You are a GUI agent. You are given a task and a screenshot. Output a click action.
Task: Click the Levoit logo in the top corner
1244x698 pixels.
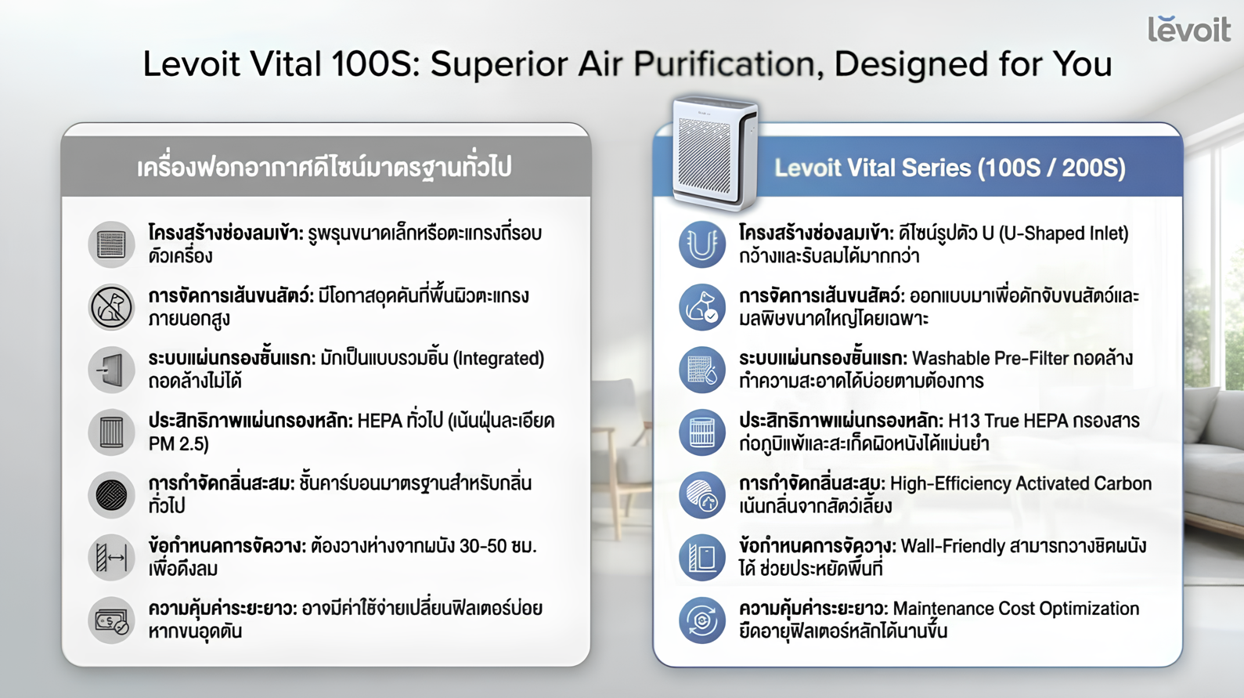click(1189, 30)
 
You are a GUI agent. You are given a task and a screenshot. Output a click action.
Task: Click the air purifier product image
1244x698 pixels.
click(715, 154)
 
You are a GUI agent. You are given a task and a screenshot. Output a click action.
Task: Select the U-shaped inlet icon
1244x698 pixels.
click(702, 244)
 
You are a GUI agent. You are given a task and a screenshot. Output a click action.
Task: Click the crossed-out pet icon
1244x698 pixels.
click(111, 307)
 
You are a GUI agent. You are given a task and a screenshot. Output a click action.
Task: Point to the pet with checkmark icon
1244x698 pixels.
click(702, 307)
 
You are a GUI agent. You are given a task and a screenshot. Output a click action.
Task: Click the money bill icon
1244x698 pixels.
click(111, 620)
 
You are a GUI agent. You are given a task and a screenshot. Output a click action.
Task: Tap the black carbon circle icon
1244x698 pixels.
click(111, 495)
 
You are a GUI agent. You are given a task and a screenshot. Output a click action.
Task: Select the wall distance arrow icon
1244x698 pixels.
click(111, 558)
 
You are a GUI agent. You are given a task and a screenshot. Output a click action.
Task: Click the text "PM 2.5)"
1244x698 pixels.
click(178, 444)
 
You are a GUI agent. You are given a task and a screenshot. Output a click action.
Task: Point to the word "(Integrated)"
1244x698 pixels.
click(499, 359)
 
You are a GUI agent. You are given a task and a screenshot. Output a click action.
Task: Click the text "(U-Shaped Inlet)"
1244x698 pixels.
click(1063, 233)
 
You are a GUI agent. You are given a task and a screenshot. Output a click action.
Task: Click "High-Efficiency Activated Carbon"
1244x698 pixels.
click(1021, 484)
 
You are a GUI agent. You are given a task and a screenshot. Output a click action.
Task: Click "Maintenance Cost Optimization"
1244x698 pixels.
click(1015, 609)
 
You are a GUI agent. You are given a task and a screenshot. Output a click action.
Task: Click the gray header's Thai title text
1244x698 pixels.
click(324, 168)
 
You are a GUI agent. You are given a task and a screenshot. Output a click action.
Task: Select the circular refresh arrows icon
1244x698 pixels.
click(702, 620)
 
